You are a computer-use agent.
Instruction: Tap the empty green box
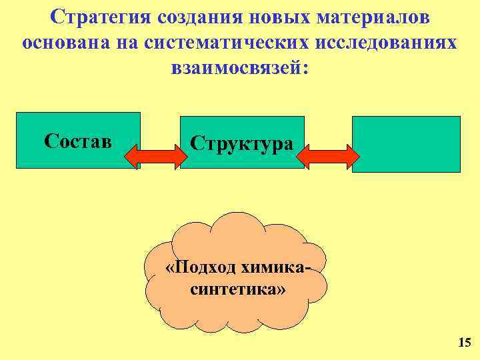pyautogui.click(x=406, y=144)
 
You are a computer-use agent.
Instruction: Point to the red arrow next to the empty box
pyautogui.click(x=327, y=156)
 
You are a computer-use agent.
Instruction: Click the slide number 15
pyautogui.click(x=464, y=343)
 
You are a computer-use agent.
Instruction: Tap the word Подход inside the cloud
pyautogui.click(x=203, y=267)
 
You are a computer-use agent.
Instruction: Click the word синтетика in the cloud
pyautogui.click(x=235, y=290)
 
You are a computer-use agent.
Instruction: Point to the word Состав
pyautogui.click(x=78, y=141)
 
